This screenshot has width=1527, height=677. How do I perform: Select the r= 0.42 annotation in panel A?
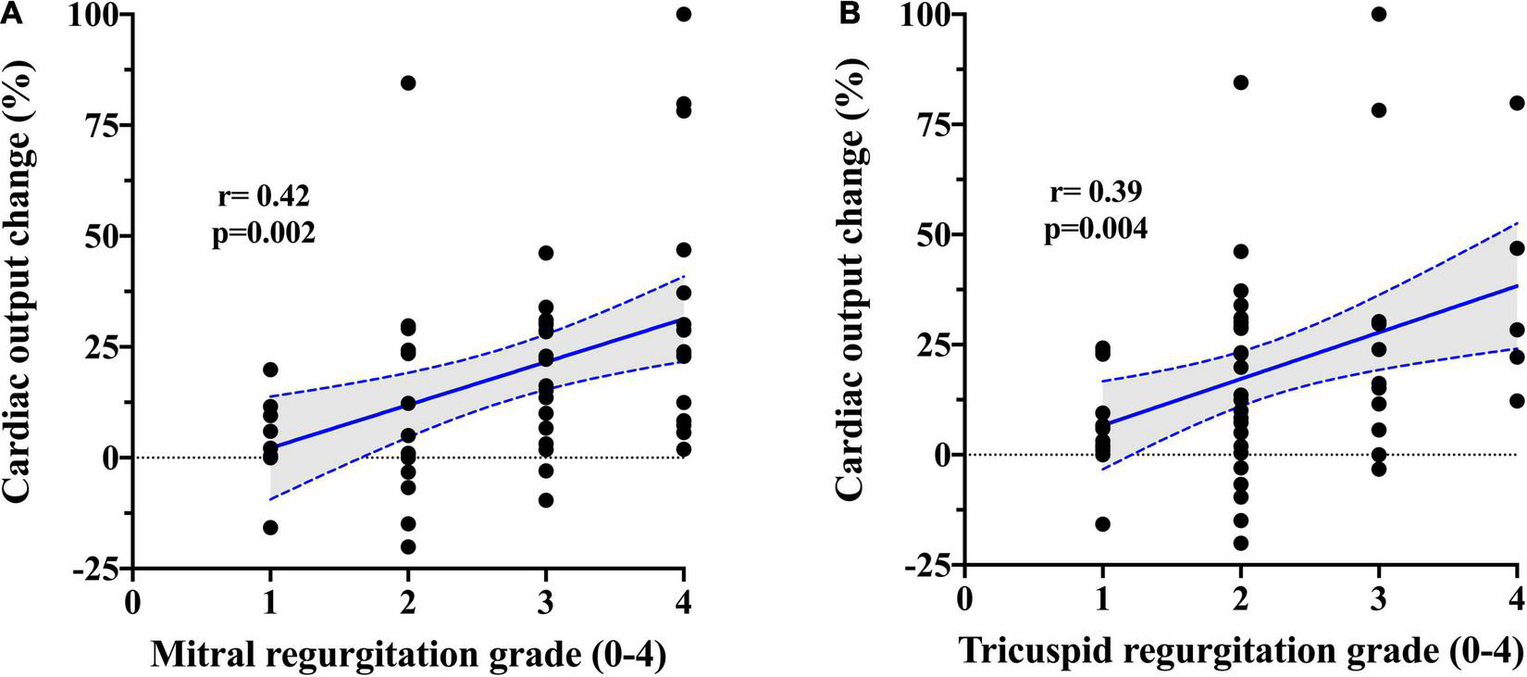coord(264,197)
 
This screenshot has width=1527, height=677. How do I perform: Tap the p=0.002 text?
coord(264,233)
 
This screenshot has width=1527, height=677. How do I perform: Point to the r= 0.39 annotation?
coord(1096,193)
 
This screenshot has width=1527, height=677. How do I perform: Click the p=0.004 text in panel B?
coord(1096,229)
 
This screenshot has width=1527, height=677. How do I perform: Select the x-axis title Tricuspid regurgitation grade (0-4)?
coord(1239,653)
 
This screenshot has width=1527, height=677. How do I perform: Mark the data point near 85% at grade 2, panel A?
coord(408,82)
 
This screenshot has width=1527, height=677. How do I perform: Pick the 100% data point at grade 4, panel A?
coord(684,14)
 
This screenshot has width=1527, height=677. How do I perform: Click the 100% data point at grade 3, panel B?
coord(1379,14)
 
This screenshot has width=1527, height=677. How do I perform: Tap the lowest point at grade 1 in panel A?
coord(270,527)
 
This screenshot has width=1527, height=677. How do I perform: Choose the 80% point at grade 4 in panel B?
coord(1517,103)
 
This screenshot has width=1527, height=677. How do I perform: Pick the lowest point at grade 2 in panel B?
coord(1241,543)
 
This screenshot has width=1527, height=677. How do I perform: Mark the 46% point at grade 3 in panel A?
coord(546,253)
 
